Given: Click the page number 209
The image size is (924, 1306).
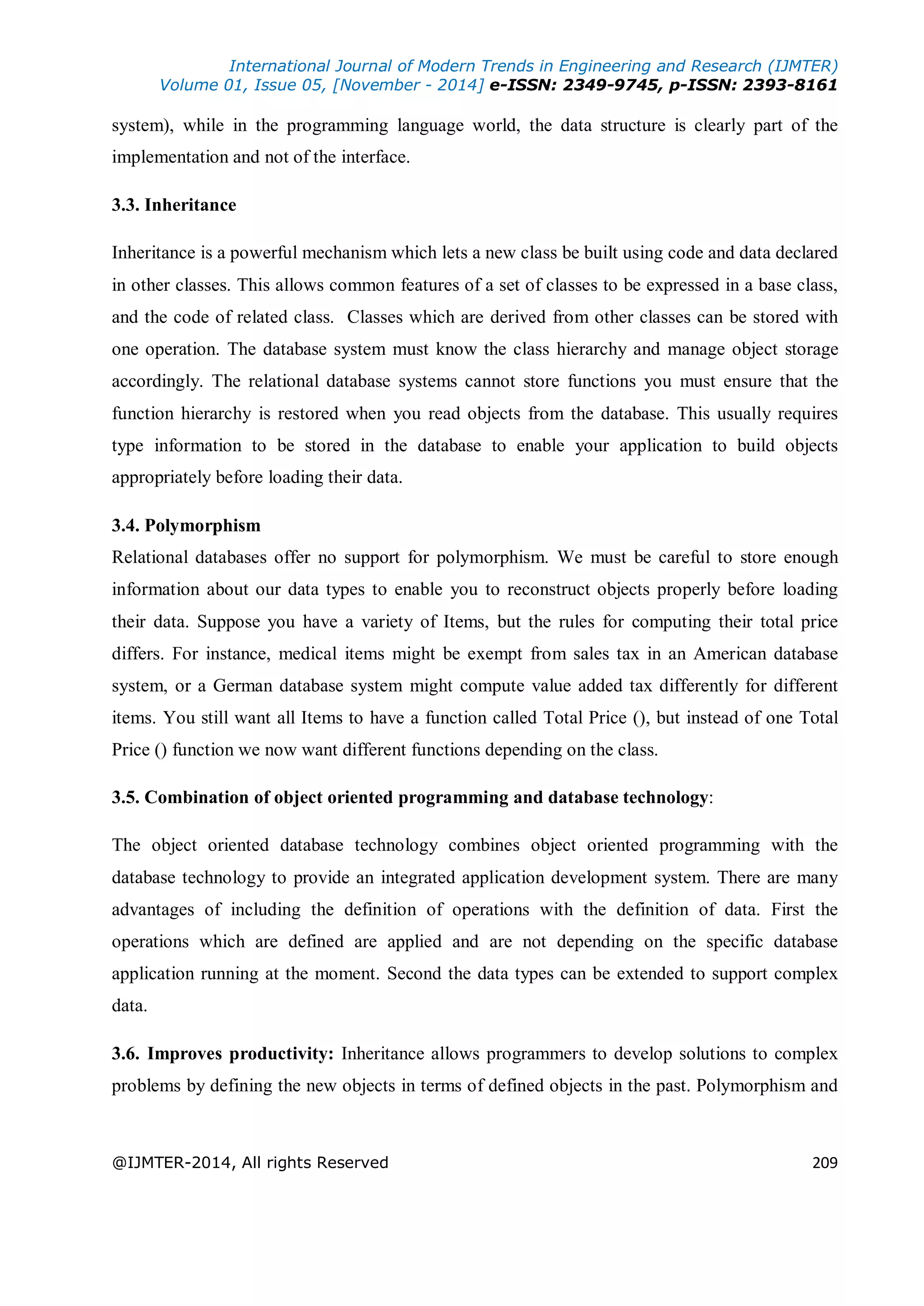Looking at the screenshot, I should tap(824, 1163).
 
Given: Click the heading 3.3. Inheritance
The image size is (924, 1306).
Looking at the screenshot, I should tap(174, 205).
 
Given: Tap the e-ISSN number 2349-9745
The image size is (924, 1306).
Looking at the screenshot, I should tap(611, 85).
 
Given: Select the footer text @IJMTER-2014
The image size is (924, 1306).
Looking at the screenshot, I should tap(172, 1163).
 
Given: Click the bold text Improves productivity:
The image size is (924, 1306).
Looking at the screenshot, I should tap(240, 1054).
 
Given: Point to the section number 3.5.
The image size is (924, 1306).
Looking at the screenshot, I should tap(125, 797).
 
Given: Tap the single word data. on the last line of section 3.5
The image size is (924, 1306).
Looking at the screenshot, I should tap(129, 1006).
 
